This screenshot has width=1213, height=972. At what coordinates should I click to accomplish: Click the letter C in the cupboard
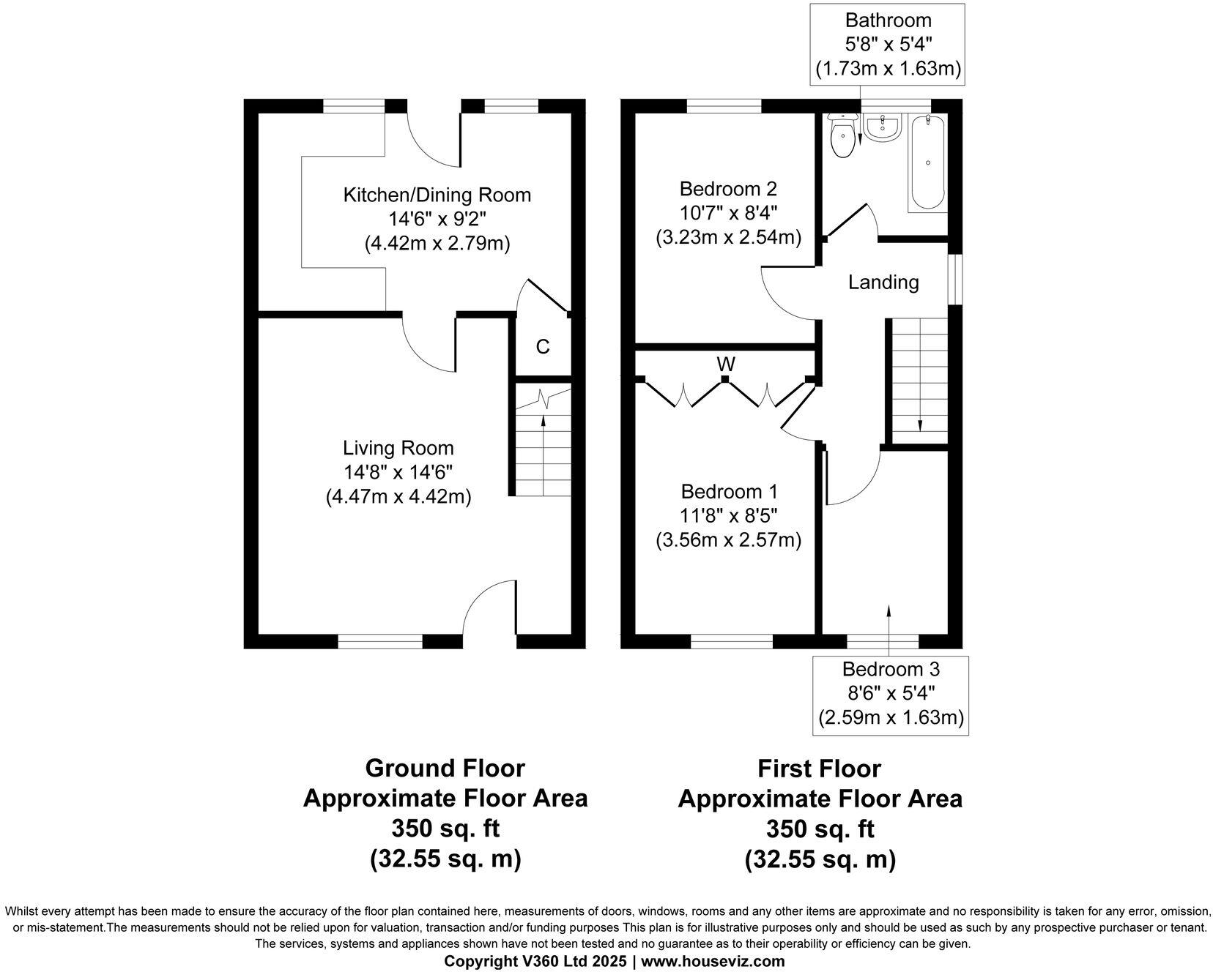[x=543, y=347]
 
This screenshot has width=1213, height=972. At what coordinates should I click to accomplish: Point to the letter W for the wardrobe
[x=726, y=364]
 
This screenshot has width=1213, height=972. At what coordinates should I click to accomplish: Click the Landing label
[x=883, y=282]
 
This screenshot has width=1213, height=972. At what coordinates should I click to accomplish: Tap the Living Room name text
[x=398, y=448]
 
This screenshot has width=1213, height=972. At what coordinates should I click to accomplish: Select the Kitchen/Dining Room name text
[x=437, y=195]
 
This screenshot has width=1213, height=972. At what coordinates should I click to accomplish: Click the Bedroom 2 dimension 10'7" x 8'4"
[x=728, y=213]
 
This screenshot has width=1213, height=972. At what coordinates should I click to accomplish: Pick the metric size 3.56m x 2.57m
[x=728, y=540]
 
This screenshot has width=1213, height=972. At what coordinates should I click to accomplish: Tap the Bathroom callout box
[x=888, y=45]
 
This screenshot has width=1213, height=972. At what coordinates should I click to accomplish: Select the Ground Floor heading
[x=445, y=769]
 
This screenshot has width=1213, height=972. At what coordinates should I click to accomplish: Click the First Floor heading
[x=819, y=769]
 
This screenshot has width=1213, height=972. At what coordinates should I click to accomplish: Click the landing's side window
[x=955, y=279]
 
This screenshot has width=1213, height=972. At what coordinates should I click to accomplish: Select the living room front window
[x=380, y=641]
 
